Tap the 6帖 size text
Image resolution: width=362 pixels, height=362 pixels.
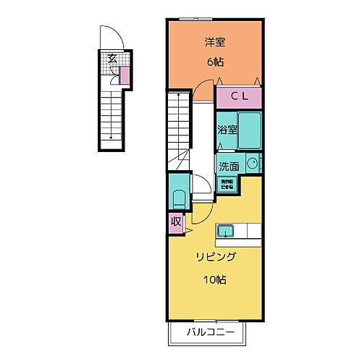pyautogui.click(x=215, y=62)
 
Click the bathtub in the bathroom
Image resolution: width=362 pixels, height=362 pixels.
pyautogui.click(x=250, y=130)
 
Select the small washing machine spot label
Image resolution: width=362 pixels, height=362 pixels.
pyautogui.click(x=227, y=185)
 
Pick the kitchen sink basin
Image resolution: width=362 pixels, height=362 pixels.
pyautogui.click(x=226, y=231)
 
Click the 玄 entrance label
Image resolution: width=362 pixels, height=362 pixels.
pyautogui.click(x=112, y=59)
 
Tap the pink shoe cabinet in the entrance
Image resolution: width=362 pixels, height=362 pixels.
pyautogui.click(x=124, y=74)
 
